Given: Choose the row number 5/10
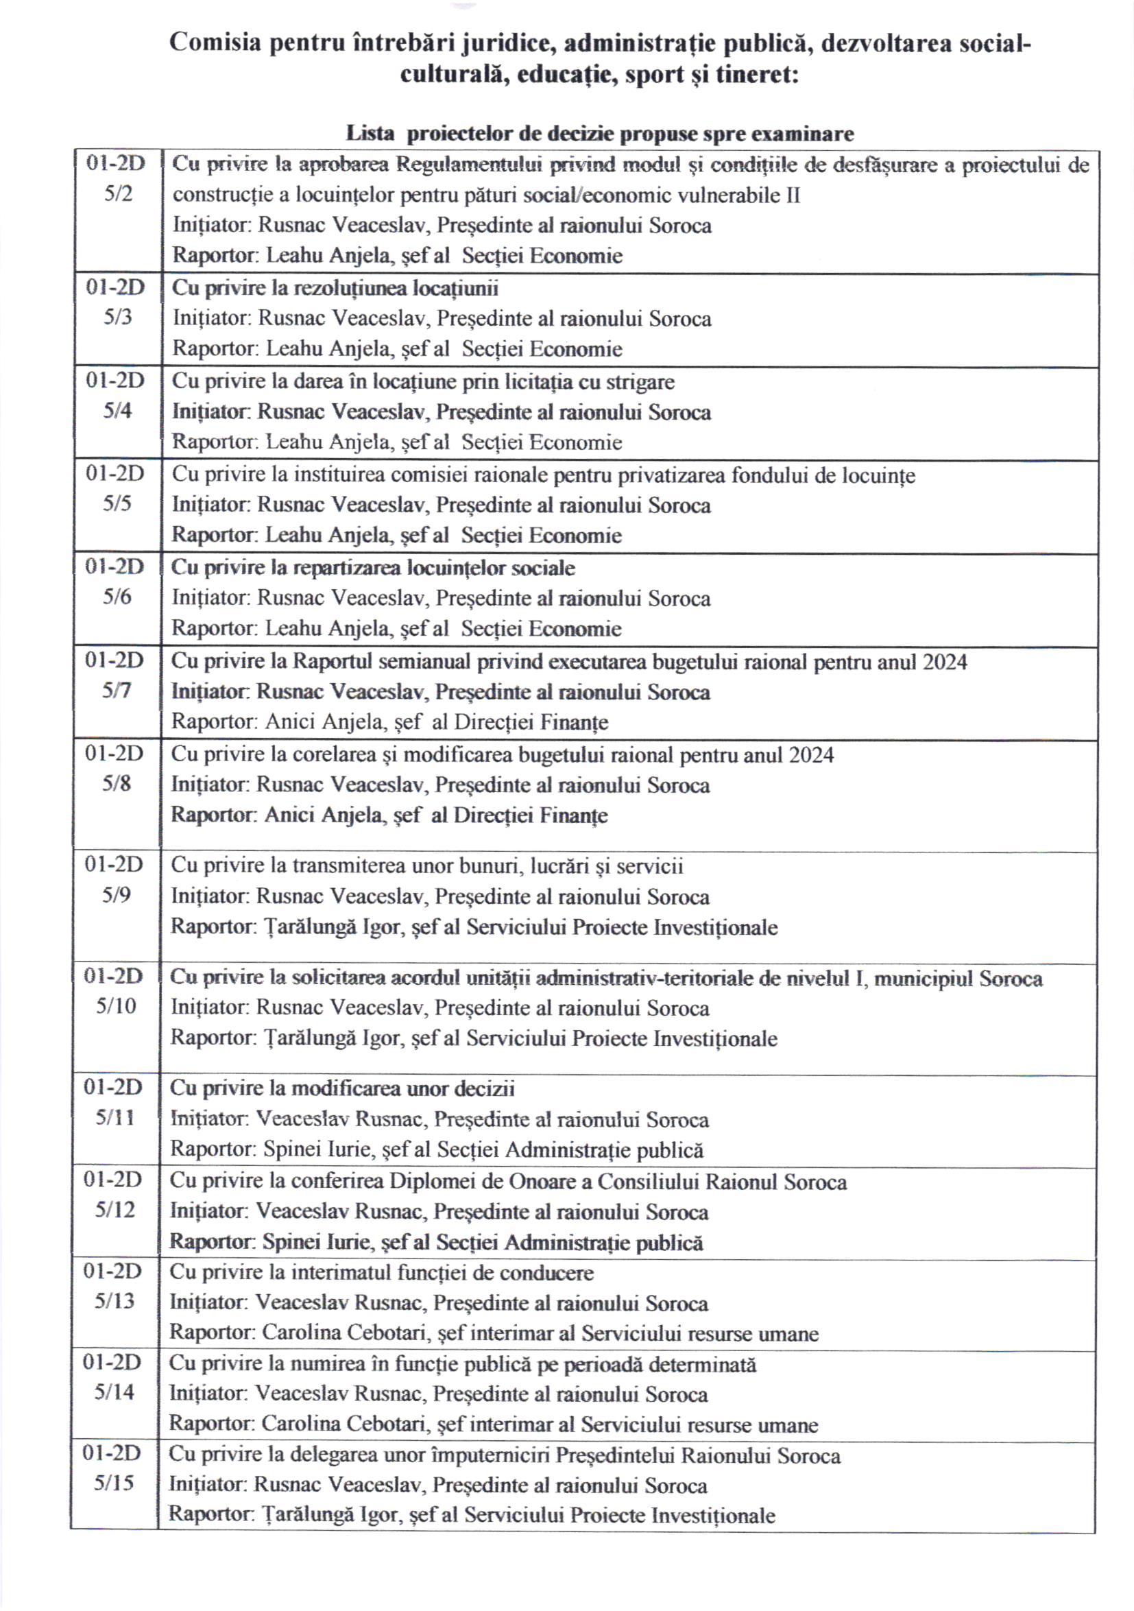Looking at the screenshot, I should tap(116, 1006).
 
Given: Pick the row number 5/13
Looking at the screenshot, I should tap(114, 1301).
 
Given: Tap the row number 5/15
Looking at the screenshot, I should tap(114, 1483).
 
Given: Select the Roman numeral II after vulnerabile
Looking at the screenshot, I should tap(792, 195).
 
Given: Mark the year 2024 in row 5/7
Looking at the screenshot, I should tap(945, 662).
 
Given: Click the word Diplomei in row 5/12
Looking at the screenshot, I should tap(433, 1182).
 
